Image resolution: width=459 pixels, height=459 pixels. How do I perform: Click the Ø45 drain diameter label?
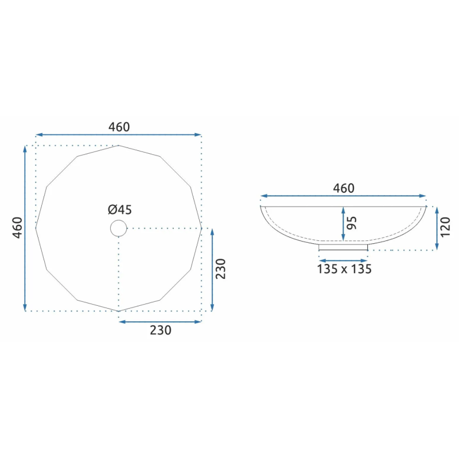click(120, 209)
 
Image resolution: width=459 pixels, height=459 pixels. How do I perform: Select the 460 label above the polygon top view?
click(119, 127)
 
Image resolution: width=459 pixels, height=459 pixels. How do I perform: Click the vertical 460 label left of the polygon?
click(18, 228)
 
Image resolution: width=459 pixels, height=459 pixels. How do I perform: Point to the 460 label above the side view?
click(344, 188)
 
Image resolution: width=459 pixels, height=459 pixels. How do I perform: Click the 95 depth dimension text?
click(352, 223)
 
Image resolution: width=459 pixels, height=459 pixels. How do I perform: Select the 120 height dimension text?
click(445, 227)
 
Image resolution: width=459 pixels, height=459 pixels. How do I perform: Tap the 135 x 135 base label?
click(344, 269)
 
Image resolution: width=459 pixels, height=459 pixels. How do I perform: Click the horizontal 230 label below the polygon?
click(161, 330)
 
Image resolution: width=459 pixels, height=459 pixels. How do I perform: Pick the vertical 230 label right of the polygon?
click(221, 269)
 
